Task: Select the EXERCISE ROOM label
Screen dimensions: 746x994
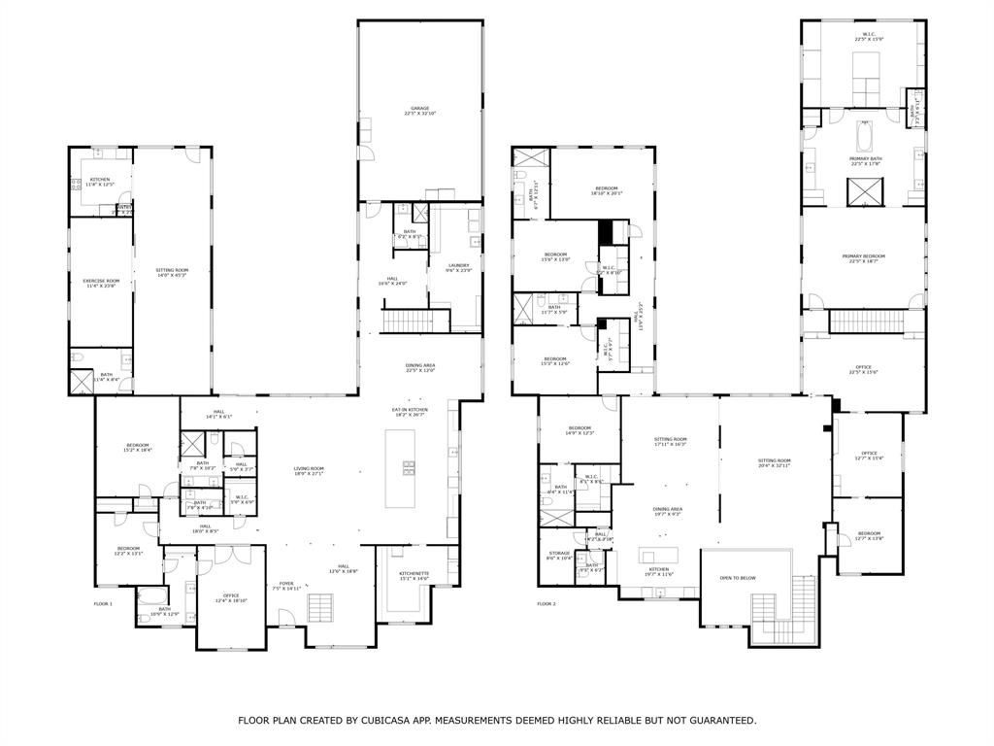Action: [x=101, y=283]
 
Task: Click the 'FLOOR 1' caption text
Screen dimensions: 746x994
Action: [x=103, y=604]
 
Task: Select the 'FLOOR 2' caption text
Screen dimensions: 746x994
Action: [x=547, y=604]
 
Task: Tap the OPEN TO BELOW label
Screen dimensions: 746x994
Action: [x=738, y=578]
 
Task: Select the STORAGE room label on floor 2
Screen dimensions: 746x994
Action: [x=558, y=555]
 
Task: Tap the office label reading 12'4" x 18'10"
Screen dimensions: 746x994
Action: [x=230, y=598]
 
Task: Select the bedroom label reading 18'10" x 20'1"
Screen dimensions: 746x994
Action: [x=606, y=190]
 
